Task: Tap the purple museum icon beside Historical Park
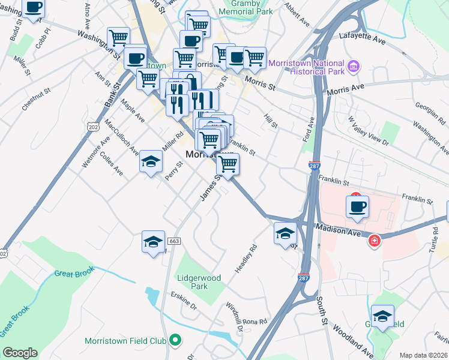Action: coord(354,65)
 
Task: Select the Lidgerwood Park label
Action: coord(199,282)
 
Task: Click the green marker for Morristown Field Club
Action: coord(175,341)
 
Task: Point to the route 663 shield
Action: coord(174,241)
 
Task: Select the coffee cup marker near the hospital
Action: coord(358,207)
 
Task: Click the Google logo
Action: coord(20,353)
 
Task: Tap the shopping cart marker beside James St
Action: coord(228,164)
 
